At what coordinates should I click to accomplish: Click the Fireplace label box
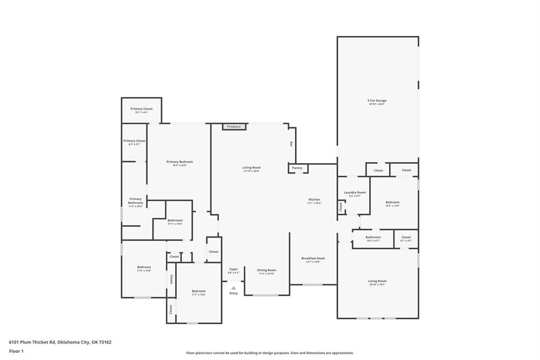[234, 127]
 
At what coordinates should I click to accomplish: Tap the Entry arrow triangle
[233, 288]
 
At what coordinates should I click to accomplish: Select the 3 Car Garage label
[377, 100]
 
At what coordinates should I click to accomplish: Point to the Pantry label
[297, 168]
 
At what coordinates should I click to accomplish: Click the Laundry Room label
[355, 193]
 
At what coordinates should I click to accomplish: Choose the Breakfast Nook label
[313, 259]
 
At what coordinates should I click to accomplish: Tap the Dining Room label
[267, 270]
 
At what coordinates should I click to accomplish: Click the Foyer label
[233, 269]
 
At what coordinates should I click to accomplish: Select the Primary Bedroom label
[179, 162]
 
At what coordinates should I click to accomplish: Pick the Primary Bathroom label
[136, 201]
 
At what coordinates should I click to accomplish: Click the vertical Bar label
[291, 144]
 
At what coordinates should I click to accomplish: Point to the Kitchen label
[314, 200]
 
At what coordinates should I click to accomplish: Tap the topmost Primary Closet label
[141, 109]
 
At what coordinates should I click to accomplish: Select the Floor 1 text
[17, 351]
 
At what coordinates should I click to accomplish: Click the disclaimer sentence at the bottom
[270, 353]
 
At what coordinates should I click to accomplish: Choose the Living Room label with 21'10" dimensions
[252, 168]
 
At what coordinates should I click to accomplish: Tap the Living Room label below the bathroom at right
[377, 281]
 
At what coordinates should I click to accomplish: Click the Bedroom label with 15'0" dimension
[392, 202]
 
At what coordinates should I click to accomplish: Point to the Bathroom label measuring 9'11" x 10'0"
[175, 221]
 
